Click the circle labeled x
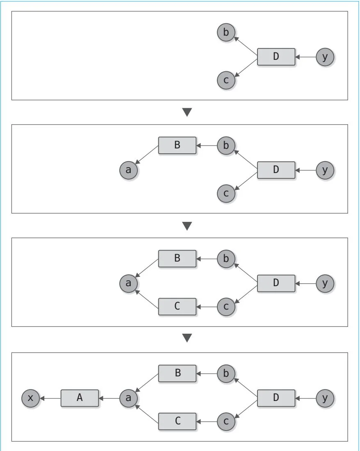[x=31, y=398]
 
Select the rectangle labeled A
[x=80, y=398]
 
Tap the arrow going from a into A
[x=109, y=398]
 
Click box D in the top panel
[x=276, y=57]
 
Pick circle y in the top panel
[x=325, y=57]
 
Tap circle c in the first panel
[x=226, y=80]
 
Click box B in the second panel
[x=177, y=145]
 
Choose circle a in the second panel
[x=128, y=170]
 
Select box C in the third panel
[x=177, y=306]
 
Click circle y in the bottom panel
[x=325, y=398]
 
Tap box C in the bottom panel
[x=177, y=421]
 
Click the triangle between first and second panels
[x=187, y=112]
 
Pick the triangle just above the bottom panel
[x=187, y=338]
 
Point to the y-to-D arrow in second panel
[x=305, y=170]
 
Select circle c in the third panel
[x=226, y=306]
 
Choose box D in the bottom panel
[x=276, y=398]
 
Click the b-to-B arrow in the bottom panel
[x=207, y=374]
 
